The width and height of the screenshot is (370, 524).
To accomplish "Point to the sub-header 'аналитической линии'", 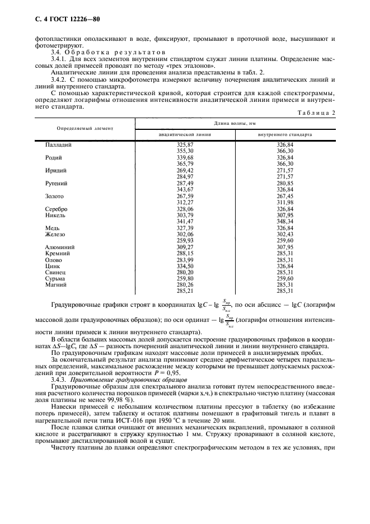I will [x=185, y=135].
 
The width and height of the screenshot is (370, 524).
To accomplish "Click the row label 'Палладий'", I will [x=59, y=144].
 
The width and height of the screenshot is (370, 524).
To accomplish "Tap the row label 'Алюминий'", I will [x=59, y=246].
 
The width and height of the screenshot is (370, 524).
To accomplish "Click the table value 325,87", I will [x=185, y=144].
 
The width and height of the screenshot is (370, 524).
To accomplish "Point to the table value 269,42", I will [x=185, y=171].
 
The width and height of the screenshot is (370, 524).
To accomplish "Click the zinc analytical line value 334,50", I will [x=185, y=265].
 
